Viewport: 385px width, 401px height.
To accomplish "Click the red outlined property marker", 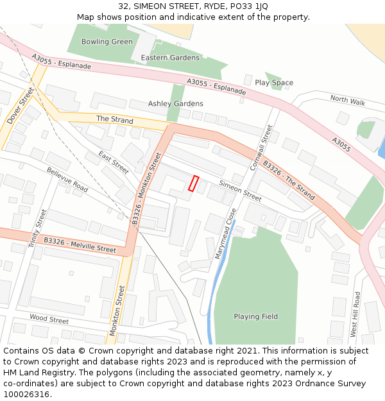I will tap(194, 183).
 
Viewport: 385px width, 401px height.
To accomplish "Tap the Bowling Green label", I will tap(107, 42).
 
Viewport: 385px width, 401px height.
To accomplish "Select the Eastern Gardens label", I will tap(170, 58).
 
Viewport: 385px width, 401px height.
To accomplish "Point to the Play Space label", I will tap(274, 83).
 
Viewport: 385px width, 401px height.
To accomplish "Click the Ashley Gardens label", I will tap(176, 103).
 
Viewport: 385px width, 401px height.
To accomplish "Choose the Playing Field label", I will tap(255, 316).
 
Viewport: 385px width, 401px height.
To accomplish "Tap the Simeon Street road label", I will tap(241, 191).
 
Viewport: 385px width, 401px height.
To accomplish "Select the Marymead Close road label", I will tap(225, 234).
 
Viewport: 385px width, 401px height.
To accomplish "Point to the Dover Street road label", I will tap(20, 106).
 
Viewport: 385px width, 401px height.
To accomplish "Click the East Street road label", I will tap(114, 162).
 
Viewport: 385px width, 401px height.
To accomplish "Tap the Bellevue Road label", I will tap(67, 179).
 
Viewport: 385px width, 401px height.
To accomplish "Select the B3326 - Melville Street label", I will tap(80, 244).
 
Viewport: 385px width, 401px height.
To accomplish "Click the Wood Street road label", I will tap(49, 320).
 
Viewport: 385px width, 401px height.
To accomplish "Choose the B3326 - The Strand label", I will tap(289, 180).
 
